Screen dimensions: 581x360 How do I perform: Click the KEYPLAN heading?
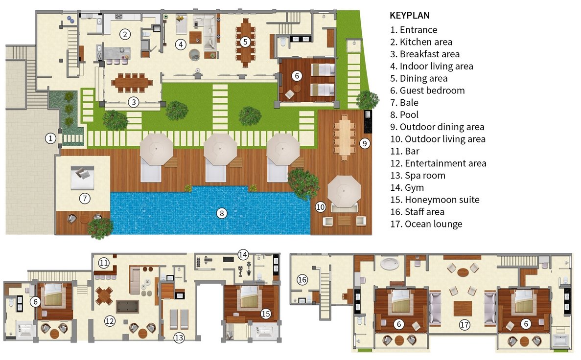click(410, 16)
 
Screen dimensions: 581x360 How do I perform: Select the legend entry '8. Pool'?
click(404, 115)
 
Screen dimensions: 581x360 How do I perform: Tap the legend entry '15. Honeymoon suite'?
click(435, 200)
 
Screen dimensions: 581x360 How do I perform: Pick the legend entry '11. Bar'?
click(405, 151)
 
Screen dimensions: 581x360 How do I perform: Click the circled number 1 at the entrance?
click(50, 138)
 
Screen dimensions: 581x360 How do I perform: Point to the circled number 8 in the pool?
click(222, 213)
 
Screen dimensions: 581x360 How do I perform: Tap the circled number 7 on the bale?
click(85, 199)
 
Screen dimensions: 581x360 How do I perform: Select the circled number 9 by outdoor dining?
click(365, 143)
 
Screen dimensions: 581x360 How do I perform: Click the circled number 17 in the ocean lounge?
click(465, 325)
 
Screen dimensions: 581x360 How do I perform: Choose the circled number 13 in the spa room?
click(179, 337)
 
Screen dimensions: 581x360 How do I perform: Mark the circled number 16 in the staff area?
click(302, 280)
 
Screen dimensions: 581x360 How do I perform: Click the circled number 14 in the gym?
click(243, 254)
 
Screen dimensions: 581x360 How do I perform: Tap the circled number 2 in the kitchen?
click(125, 34)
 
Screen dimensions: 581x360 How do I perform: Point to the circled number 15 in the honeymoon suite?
click(266, 314)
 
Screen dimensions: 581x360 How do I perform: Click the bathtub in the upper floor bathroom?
click(390, 264)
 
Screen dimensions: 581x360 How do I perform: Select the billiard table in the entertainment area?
click(127, 307)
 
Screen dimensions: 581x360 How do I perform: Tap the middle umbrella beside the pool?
click(220, 150)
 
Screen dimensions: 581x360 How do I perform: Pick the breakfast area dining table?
click(132, 83)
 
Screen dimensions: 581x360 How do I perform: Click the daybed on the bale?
click(82, 178)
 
